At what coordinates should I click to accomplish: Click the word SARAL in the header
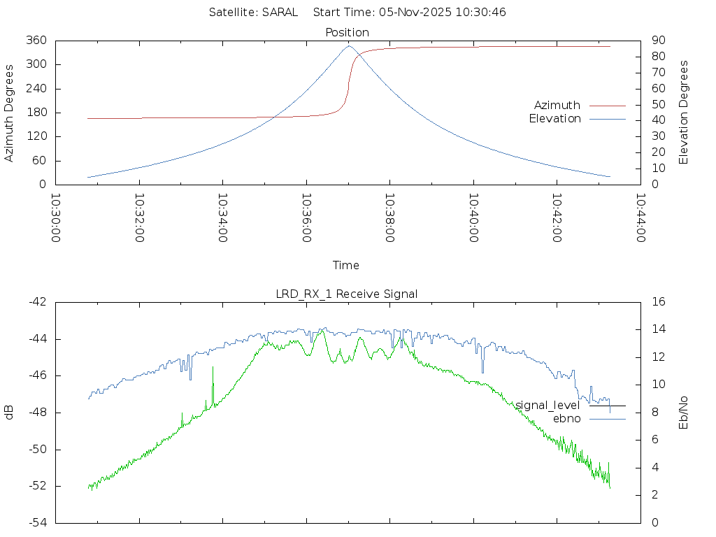point(280,13)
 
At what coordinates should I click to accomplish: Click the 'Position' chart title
point(348,33)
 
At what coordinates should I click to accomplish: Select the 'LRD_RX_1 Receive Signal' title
point(347,294)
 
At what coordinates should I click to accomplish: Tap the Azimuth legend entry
point(557,106)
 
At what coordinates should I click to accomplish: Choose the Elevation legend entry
point(554,119)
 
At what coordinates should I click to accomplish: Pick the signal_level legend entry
point(548,406)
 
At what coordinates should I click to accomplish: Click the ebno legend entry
point(567,419)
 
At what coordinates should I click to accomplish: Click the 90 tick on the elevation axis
point(658,41)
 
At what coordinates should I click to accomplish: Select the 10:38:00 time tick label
point(390,217)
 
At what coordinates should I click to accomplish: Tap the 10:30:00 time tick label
point(56,217)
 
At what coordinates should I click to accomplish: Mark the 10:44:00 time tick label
point(640,217)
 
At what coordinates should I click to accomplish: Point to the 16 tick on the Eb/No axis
point(658,302)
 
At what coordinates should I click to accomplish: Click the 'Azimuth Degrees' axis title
point(10,113)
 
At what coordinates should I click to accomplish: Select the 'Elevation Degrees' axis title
point(685,113)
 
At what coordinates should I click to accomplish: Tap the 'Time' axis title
point(346,266)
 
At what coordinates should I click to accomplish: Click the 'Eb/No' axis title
point(685,413)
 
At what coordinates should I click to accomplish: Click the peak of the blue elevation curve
point(349,46)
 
